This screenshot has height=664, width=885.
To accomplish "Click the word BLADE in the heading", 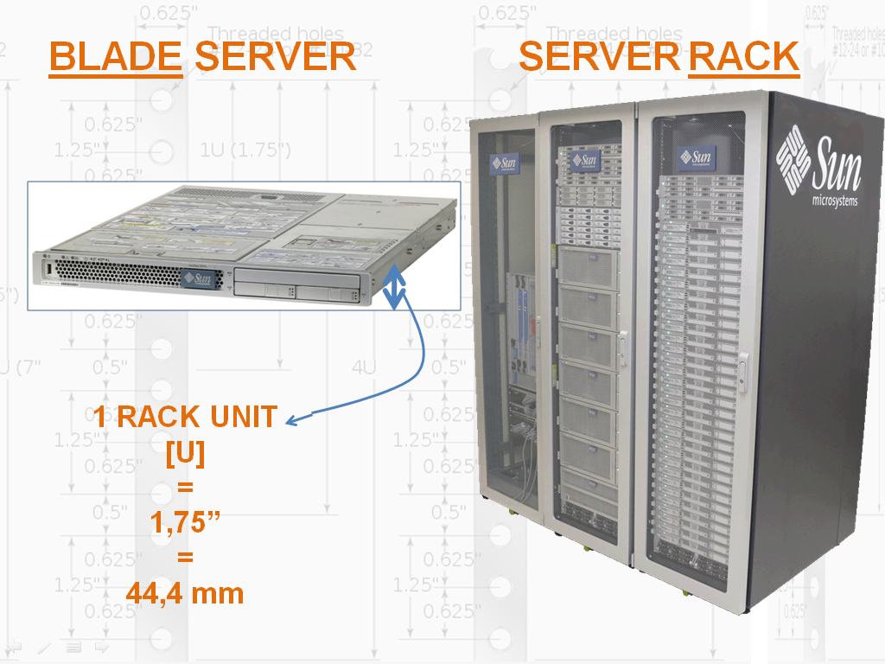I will coord(115,57).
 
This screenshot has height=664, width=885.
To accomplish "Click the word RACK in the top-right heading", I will coord(743,57).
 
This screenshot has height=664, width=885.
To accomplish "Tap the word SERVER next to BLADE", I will coord(275,57).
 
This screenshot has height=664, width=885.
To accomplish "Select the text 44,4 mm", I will coord(185,594).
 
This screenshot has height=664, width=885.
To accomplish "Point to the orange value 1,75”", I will coord(185,523).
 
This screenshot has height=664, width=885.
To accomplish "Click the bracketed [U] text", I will coord(185,453).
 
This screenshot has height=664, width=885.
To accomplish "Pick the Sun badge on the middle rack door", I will coord(585,160).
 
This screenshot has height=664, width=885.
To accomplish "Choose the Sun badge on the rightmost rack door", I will coord(697,158).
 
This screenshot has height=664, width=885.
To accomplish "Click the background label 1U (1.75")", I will coord(245,150).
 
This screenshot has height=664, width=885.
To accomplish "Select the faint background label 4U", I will coord(364,367).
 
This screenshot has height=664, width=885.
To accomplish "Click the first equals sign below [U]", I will coord(185,488).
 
